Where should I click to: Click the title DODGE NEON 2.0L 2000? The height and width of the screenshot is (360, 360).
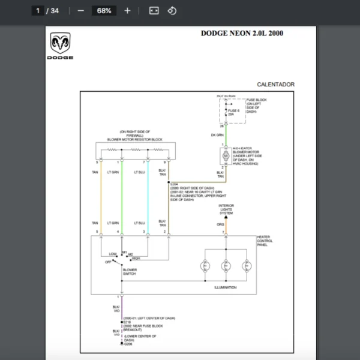click(x=242, y=34)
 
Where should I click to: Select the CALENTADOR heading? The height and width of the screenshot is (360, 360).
click(x=275, y=85)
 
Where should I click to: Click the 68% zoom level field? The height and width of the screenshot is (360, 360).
click(x=104, y=11)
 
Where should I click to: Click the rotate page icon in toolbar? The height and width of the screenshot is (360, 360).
click(x=172, y=11)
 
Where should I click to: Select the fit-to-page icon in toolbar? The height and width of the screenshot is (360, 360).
click(x=154, y=11)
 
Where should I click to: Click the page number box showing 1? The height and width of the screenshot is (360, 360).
click(x=38, y=11)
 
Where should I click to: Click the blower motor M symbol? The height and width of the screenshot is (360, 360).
click(x=226, y=156)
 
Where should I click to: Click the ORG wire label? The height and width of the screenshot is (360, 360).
click(x=221, y=225)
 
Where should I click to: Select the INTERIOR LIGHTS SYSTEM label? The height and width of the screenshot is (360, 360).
click(x=226, y=209)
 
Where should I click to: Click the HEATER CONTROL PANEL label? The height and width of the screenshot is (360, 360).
click(x=264, y=241)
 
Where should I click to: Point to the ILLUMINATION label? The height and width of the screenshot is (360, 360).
click(x=226, y=287)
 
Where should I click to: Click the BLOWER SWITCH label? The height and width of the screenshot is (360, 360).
click(x=130, y=272)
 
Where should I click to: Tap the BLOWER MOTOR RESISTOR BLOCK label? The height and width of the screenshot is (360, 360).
click(x=134, y=139)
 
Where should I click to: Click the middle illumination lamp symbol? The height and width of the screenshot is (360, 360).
click(x=226, y=265)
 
